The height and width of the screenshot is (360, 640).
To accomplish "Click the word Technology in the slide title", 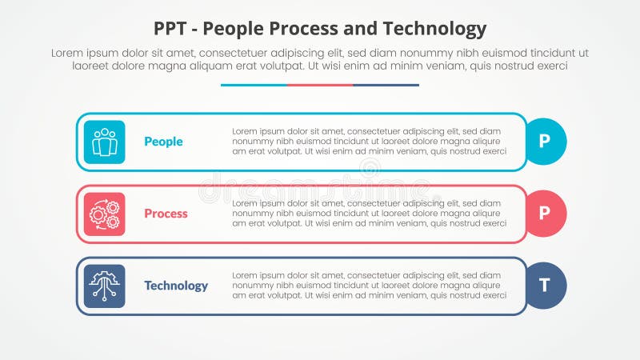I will click(x=437, y=30).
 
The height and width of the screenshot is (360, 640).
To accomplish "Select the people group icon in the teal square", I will click(x=104, y=142).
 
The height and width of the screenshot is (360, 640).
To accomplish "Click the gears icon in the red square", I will click(x=104, y=214).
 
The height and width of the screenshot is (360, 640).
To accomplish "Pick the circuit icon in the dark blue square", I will click(x=104, y=286).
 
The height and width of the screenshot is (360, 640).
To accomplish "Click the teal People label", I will click(x=163, y=142).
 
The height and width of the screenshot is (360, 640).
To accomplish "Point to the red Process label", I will click(x=166, y=214).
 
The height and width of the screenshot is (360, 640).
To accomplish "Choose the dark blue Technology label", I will click(x=176, y=286).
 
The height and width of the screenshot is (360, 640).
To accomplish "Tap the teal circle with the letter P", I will click(x=545, y=142).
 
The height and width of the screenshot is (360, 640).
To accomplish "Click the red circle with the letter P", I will click(x=545, y=214).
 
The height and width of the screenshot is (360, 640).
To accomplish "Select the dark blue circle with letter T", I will click(x=545, y=286).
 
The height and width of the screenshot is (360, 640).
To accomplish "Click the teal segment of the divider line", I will click(x=254, y=85).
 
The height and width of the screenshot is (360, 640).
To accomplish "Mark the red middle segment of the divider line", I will click(x=320, y=85).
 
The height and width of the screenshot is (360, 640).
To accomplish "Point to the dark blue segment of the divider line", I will click(x=386, y=85).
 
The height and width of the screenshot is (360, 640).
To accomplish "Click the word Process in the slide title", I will click(x=314, y=30).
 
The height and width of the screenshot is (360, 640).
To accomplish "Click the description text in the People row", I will click(x=369, y=141).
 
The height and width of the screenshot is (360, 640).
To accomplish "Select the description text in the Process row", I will click(x=369, y=213).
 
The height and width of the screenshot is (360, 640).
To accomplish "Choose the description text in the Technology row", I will click(x=369, y=285).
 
